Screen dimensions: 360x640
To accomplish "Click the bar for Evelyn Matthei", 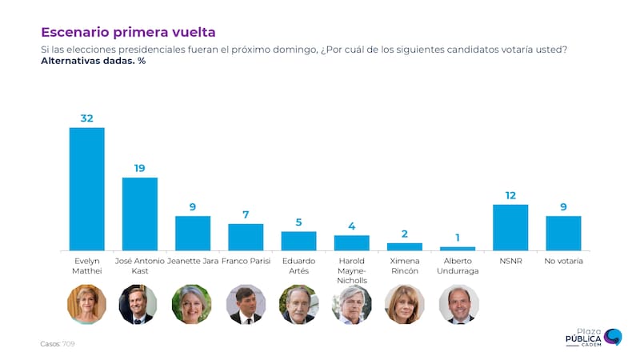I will tap(86, 189).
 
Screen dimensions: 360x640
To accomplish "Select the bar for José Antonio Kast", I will tap(139, 214).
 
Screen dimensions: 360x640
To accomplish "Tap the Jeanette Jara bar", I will tap(193, 233).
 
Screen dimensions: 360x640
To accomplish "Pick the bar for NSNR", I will tap(510, 227).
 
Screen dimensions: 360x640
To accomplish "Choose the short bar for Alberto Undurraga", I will tap(458, 249).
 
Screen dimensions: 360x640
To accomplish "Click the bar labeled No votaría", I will tap(563, 233).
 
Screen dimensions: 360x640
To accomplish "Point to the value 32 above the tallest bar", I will tap(86, 118).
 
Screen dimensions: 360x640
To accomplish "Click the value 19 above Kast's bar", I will tap(139, 168).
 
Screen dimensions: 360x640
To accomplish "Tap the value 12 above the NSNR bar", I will tap(510, 195).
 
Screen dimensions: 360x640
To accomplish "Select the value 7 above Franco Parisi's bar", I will tap(246, 214).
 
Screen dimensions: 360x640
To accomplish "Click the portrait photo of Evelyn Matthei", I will tap(86, 304).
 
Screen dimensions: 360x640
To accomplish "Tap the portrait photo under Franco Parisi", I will tap(246, 304).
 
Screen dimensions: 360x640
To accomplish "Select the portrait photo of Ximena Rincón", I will tap(405, 304).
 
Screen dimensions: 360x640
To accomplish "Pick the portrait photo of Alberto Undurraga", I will tap(458, 304).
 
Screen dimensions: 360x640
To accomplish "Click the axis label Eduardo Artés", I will tap(298, 266).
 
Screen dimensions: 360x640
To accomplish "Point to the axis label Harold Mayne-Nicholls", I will tap(351, 270).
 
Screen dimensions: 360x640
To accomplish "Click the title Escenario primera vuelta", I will tap(128, 32).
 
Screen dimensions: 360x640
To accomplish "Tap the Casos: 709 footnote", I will tap(58, 344).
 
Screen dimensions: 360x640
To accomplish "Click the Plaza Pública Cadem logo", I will tap(593, 337).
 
